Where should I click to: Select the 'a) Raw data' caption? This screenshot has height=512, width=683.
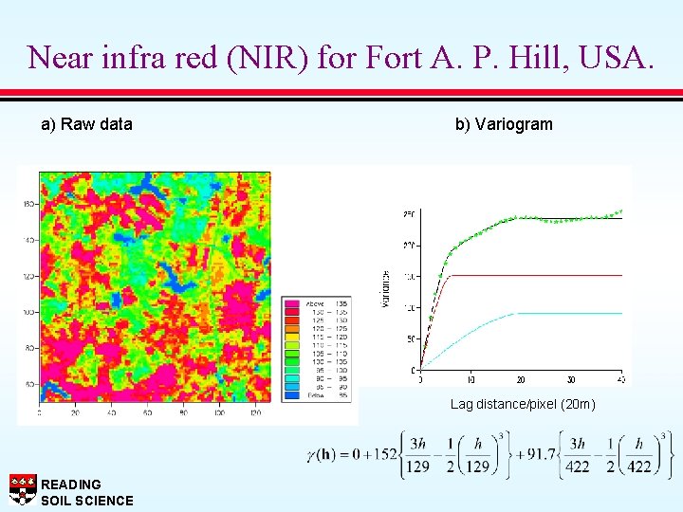(86, 124)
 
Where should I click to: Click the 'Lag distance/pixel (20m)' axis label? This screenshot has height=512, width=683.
(523, 405)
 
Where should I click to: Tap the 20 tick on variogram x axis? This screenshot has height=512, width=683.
(521, 379)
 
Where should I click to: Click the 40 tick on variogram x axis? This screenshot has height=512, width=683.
(621, 379)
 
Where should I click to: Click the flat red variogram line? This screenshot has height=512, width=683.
(541, 276)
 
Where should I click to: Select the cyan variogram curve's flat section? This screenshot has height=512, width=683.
(569, 313)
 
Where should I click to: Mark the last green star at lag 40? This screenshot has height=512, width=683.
(620, 210)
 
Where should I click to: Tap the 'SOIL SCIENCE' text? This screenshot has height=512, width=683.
(87, 501)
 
